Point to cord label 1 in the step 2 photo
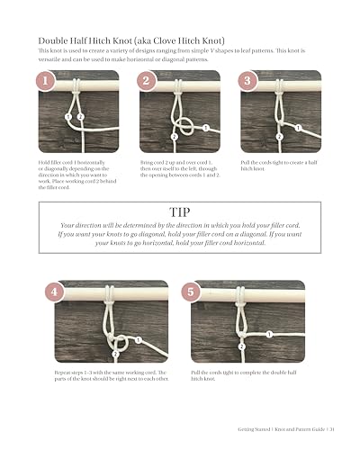tap(205, 128)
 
